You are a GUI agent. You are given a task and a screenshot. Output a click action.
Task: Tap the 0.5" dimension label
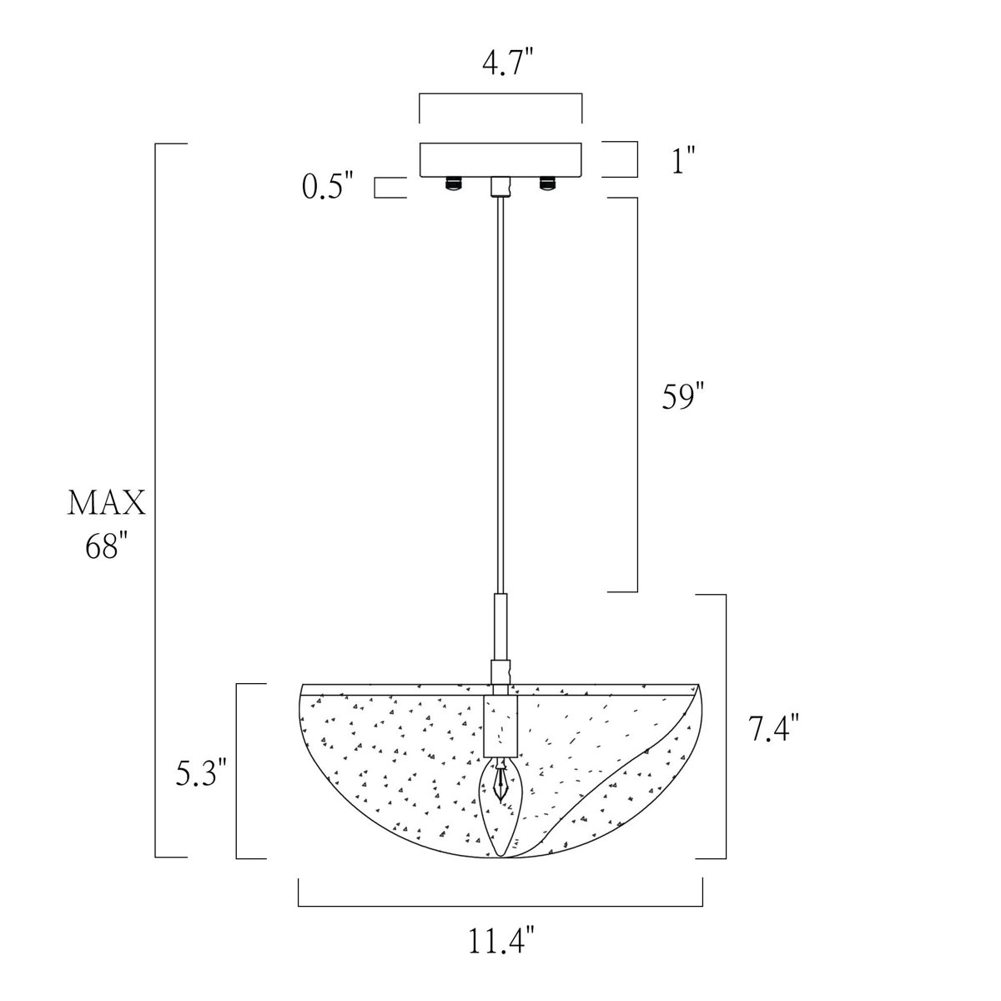point(329,187)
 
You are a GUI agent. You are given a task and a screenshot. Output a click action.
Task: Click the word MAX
point(107,504)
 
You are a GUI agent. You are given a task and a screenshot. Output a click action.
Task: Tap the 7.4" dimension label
point(774,728)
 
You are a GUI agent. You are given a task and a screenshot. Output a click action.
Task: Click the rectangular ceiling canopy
point(500,159)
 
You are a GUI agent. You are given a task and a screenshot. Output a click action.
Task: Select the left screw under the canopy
point(454,183)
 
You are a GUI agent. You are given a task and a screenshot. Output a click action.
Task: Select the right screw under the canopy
point(547,183)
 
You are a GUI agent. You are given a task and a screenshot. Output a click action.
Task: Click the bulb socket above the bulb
point(500,726)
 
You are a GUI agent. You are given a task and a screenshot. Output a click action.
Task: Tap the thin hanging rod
point(500,392)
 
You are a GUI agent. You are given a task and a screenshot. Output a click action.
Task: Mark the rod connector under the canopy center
point(500,187)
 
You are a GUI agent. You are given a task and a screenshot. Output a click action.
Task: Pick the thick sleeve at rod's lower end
point(500,626)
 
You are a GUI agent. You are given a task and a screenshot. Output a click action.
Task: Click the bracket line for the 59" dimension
point(636,395)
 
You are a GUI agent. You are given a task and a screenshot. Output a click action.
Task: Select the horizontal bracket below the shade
point(500,904)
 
